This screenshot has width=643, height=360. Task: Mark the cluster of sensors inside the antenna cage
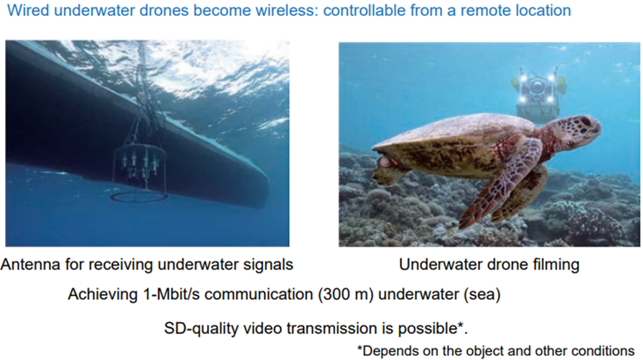(140, 164)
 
